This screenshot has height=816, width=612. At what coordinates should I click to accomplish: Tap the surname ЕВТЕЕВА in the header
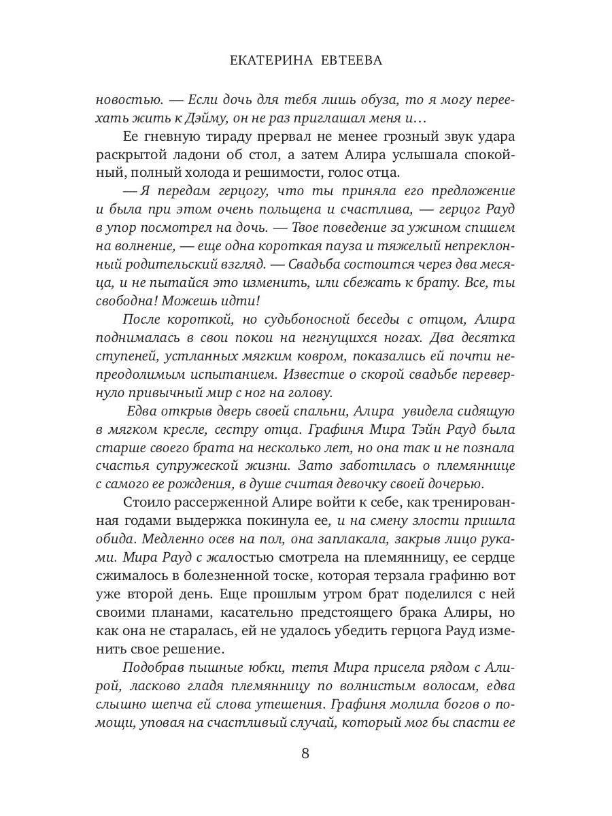point(350,61)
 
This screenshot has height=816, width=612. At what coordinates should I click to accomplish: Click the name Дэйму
point(203,117)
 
